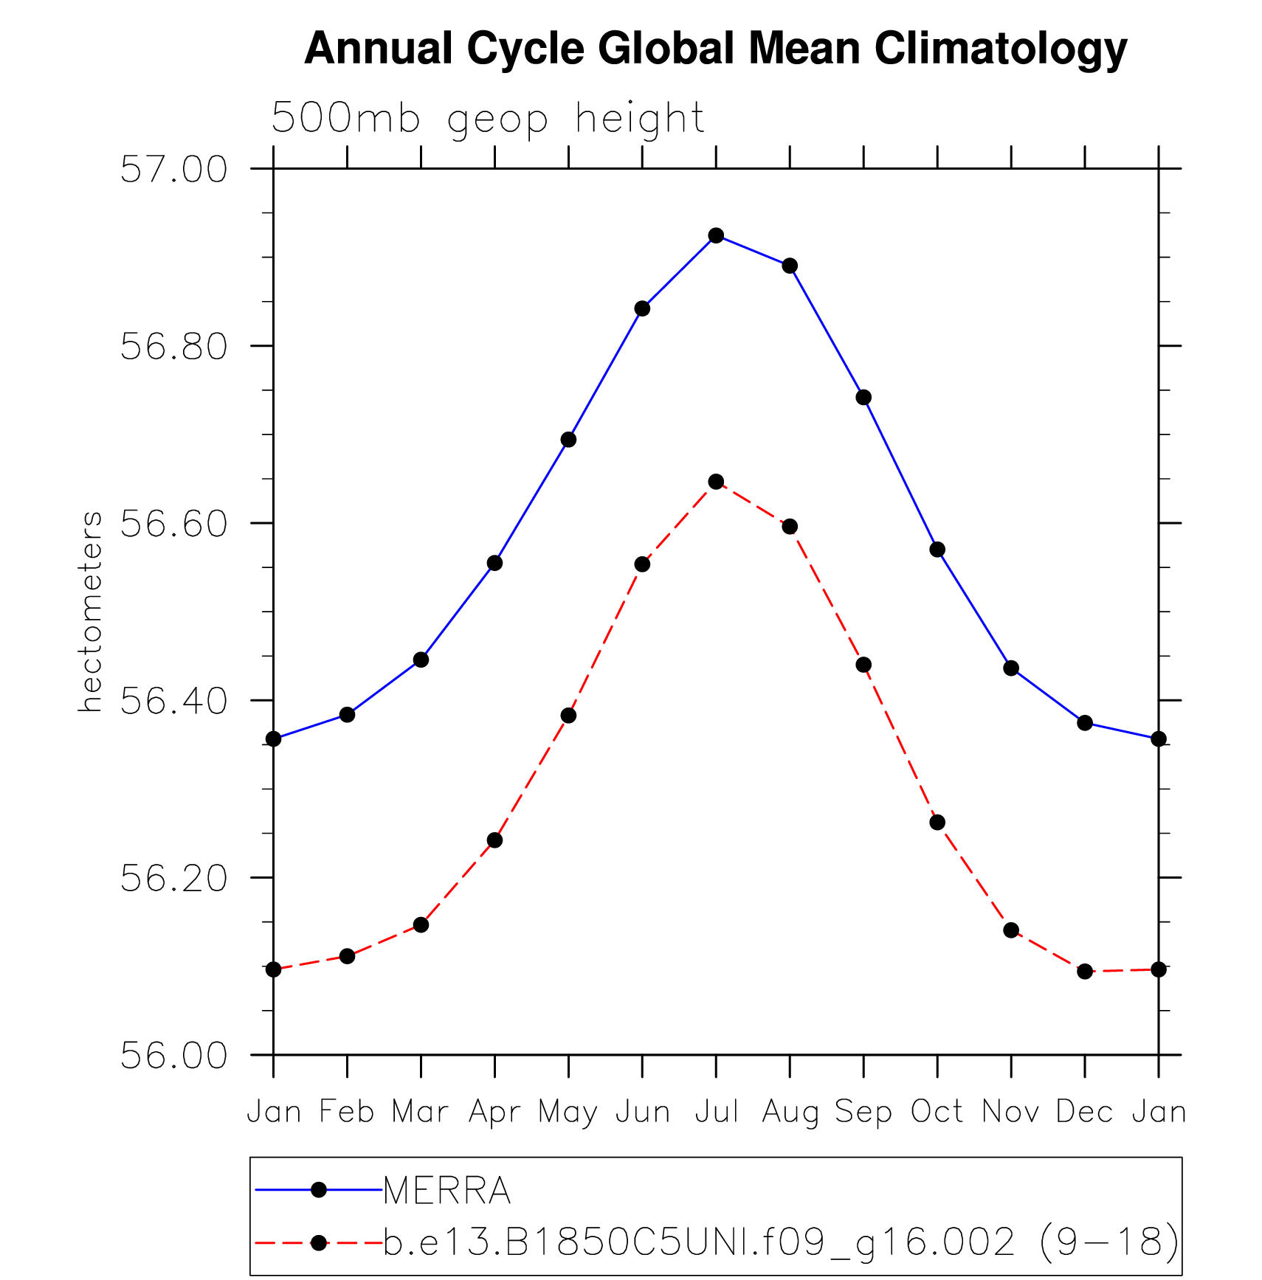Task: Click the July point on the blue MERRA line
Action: click(x=716, y=235)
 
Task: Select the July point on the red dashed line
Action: click(x=716, y=482)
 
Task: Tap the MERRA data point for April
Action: click(x=494, y=563)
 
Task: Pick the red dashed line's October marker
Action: click(x=937, y=823)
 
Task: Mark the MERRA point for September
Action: click(x=863, y=398)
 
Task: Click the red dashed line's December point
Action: click(x=1085, y=972)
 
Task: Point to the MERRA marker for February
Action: click(x=347, y=714)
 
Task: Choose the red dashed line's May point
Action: click(x=568, y=716)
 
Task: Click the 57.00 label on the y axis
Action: click(x=173, y=170)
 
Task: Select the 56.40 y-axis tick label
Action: click(x=173, y=701)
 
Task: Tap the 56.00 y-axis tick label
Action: click(x=173, y=1056)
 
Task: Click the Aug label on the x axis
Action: click(x=790, y=1112)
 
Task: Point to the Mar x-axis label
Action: click(x=420, y=1112)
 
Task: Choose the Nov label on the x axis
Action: click(x=1010, y=1112)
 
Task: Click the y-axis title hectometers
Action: click(x=91, y=612)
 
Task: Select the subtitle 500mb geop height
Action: click(x=488, y=118)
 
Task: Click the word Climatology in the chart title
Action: click(x=1001, y=49)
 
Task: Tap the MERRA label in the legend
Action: click(x=446, y=1190)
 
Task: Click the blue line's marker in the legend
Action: click(x=319, y=1189)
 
